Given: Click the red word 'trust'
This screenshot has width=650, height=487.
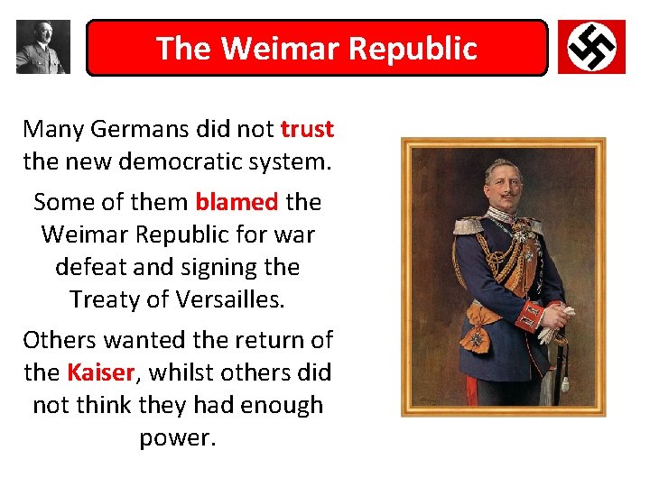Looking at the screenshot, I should coord(307,129).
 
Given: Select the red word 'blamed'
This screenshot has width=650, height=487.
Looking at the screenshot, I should coord(237,202).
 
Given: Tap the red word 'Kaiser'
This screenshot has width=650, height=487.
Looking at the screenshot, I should coord(100,372).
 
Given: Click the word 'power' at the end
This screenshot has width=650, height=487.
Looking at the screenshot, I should coord(175,437).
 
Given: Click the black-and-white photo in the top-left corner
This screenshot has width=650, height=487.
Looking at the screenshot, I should coord(42,47).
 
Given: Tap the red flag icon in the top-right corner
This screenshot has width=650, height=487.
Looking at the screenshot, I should coord(590,47).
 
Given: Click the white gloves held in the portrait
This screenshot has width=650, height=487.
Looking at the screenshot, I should coord(552,320).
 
